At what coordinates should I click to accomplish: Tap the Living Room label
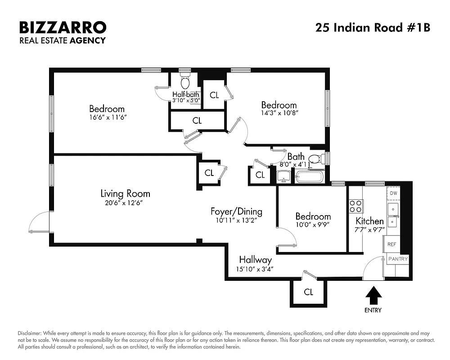(x=125, y=194)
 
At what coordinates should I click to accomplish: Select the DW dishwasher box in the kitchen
(x=393, y=193)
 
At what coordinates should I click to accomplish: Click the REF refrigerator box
(x=392, y=244)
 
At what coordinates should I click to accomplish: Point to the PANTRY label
(x=398, y=259)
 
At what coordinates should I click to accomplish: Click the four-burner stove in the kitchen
(x=355, y=206)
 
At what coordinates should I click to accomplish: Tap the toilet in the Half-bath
(x=185, y=82)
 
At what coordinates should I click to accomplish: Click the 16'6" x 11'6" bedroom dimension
(x=107, y=117)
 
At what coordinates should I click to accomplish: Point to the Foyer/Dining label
(x=236, y=211)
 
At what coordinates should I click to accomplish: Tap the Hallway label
(x=255, y=260)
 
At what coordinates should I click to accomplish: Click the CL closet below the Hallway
(x=308, y=292)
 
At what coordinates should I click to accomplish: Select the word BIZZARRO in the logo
(x=63, y=27)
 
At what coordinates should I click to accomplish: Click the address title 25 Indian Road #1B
(x=373, y=28)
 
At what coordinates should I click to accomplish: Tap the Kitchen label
(x=369, y=221)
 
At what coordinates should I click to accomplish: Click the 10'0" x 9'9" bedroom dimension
(x=313, y=225)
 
